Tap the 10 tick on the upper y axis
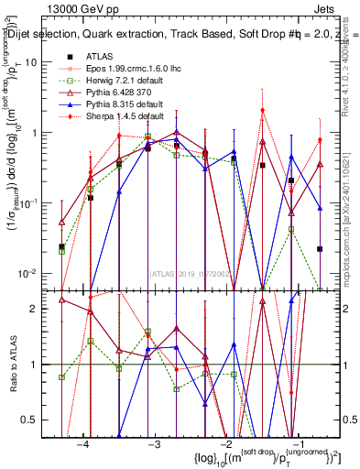point(37,62)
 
